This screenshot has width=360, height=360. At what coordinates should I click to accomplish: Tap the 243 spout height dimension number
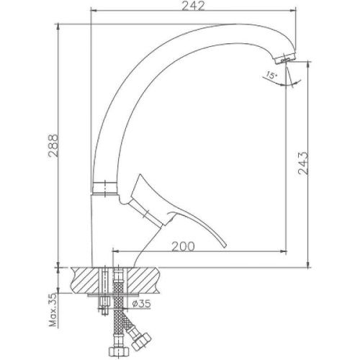pyautogui.click(x=303, y=165)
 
